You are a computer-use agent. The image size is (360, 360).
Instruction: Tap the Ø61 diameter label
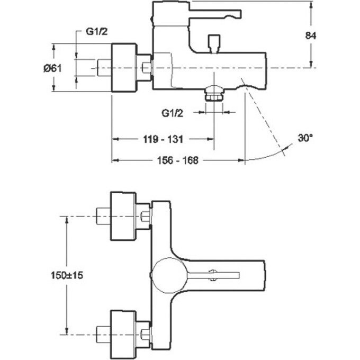point(55,68)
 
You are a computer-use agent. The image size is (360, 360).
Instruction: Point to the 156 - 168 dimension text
point(177,160)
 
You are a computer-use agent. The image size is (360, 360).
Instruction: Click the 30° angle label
point(305,139)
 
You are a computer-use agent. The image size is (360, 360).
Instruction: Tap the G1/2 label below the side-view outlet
point(173,112)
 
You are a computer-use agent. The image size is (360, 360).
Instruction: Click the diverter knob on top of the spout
point(214,43)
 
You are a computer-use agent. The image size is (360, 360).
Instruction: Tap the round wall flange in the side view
point(123,68)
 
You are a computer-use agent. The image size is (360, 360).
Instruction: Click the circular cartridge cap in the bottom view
point(165,275)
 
